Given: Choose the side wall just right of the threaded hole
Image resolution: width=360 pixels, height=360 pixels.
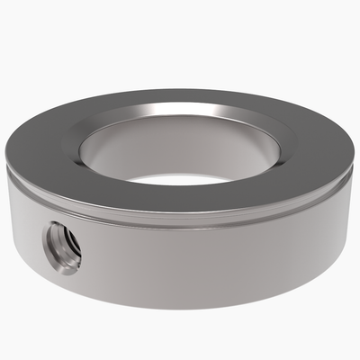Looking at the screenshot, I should tap(108, 256).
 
